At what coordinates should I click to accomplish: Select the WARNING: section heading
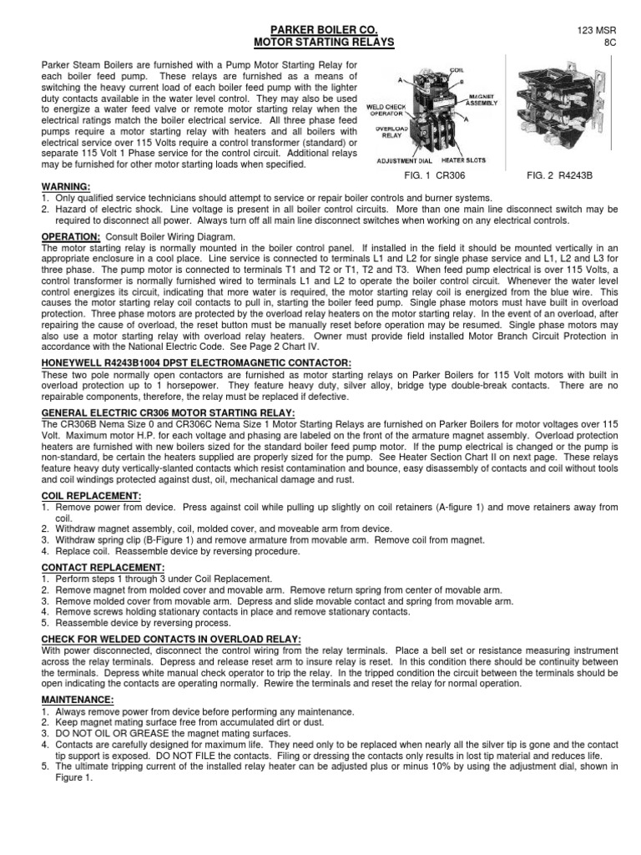click(65, 186)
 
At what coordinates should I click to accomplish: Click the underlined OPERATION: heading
click(71, 237)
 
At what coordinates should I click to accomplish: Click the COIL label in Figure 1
click(432, 71)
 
